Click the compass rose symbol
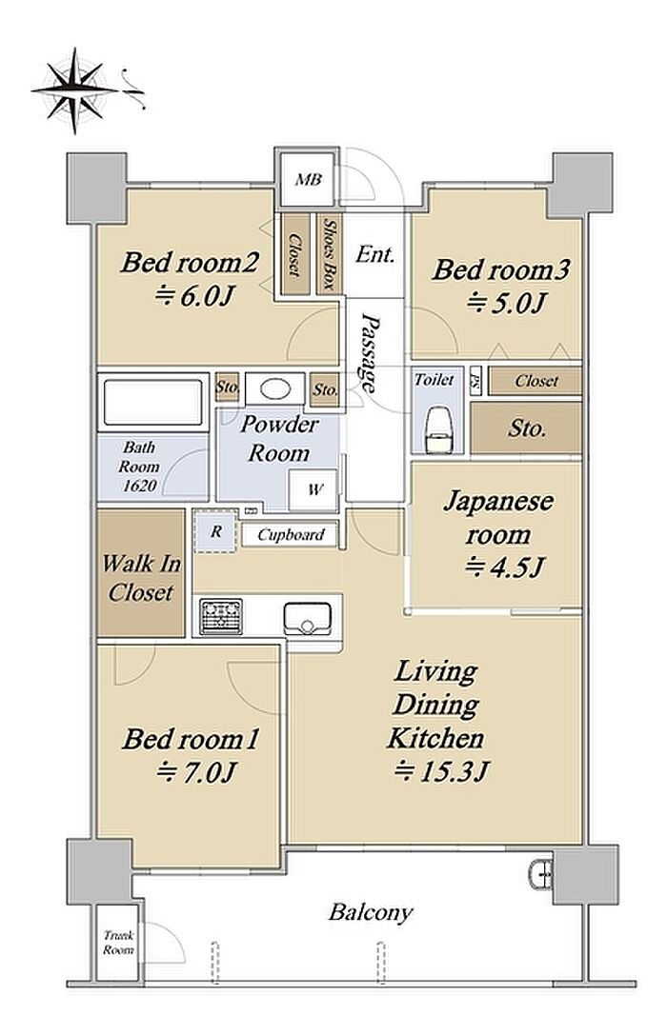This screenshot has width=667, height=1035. point(74,90)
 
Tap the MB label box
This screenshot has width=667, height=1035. point(308,180)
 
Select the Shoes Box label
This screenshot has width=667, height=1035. point(328,254)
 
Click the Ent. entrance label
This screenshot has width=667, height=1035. point(374,255)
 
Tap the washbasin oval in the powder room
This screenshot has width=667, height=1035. point(274,388)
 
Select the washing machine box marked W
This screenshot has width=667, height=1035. point(313,490)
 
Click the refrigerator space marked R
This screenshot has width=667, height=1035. point(216,531)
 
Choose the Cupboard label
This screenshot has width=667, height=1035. point(291,535)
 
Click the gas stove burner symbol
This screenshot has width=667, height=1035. point(221,616)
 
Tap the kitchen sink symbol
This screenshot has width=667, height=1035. point(307,619)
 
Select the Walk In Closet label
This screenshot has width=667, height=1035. point(141,578)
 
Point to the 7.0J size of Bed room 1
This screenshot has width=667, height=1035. point(196,771)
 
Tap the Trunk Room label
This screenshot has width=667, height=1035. point(118,943)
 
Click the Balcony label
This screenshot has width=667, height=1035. point(371,913)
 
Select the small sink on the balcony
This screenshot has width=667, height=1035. point(540,875)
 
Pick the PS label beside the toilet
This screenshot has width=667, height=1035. point(475,381)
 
